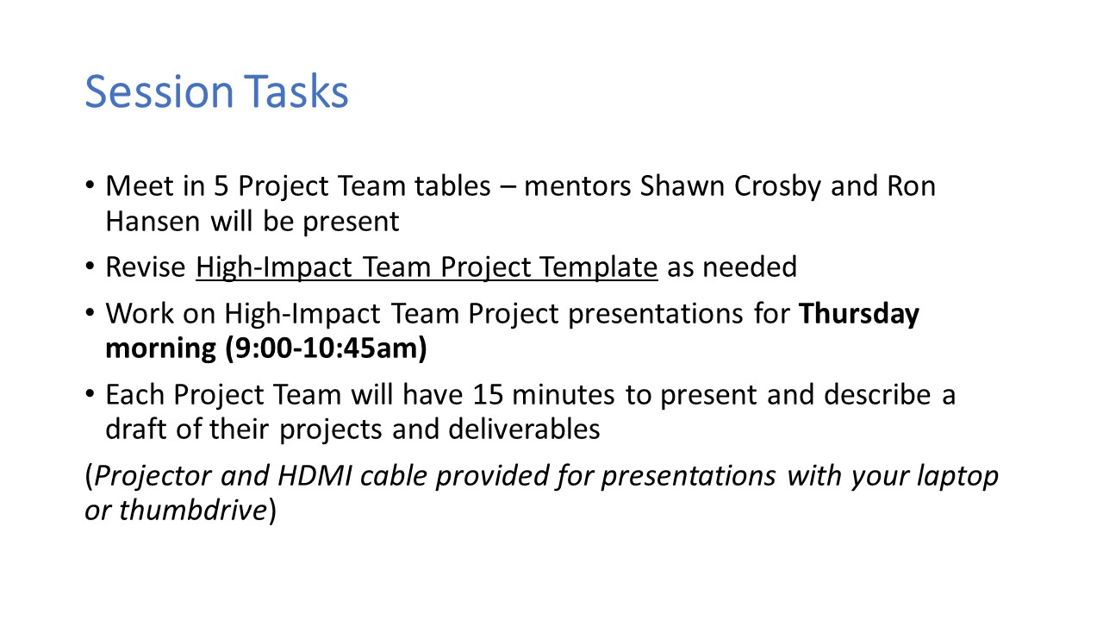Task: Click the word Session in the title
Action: pos(159,91)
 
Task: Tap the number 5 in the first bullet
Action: pos(221,186)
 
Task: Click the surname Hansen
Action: pos(153,222)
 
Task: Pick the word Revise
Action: pos(146,267)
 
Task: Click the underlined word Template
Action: pos(598,268)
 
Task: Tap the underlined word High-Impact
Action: pos(274,268)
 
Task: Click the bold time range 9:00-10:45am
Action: pos(326,348)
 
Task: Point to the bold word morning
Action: pos(160,349)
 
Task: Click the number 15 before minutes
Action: pos(488,395)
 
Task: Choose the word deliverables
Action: pos(524,429)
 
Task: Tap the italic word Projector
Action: pos(153,477)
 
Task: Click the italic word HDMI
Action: pos(315,475)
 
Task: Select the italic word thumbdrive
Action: pos(193,510)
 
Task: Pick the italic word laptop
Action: pos(957,477)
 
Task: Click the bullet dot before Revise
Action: pos(90,267)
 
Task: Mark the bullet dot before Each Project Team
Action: pos(90,394)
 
